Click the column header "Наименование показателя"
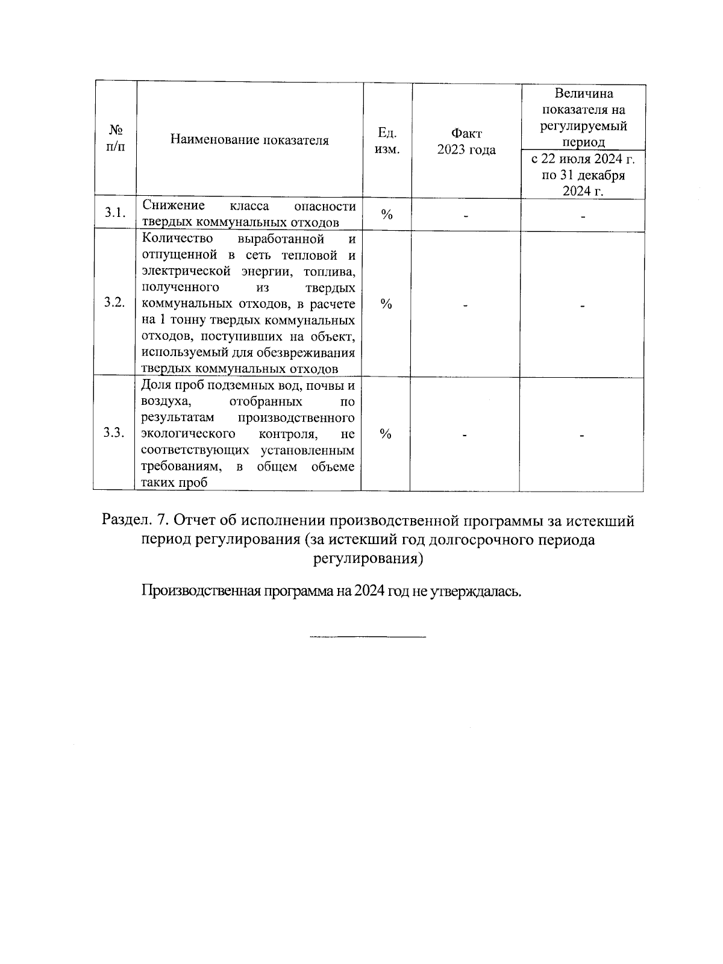click(249, 140)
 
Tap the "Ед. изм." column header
click(387, 140)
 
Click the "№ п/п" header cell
click(116, 139)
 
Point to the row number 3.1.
click(114, 213)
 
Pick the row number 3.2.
click(114, 302)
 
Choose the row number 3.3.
click(114, 433)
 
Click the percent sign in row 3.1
click(387, 214)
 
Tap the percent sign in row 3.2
click(387, 304)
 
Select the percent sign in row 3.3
click(386, 434)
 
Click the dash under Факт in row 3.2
click(466, 306)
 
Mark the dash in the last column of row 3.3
click(582, 436)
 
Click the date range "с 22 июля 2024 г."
click(583, 159)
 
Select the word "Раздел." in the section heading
click(127, 520)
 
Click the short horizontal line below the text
click(368, 636)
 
